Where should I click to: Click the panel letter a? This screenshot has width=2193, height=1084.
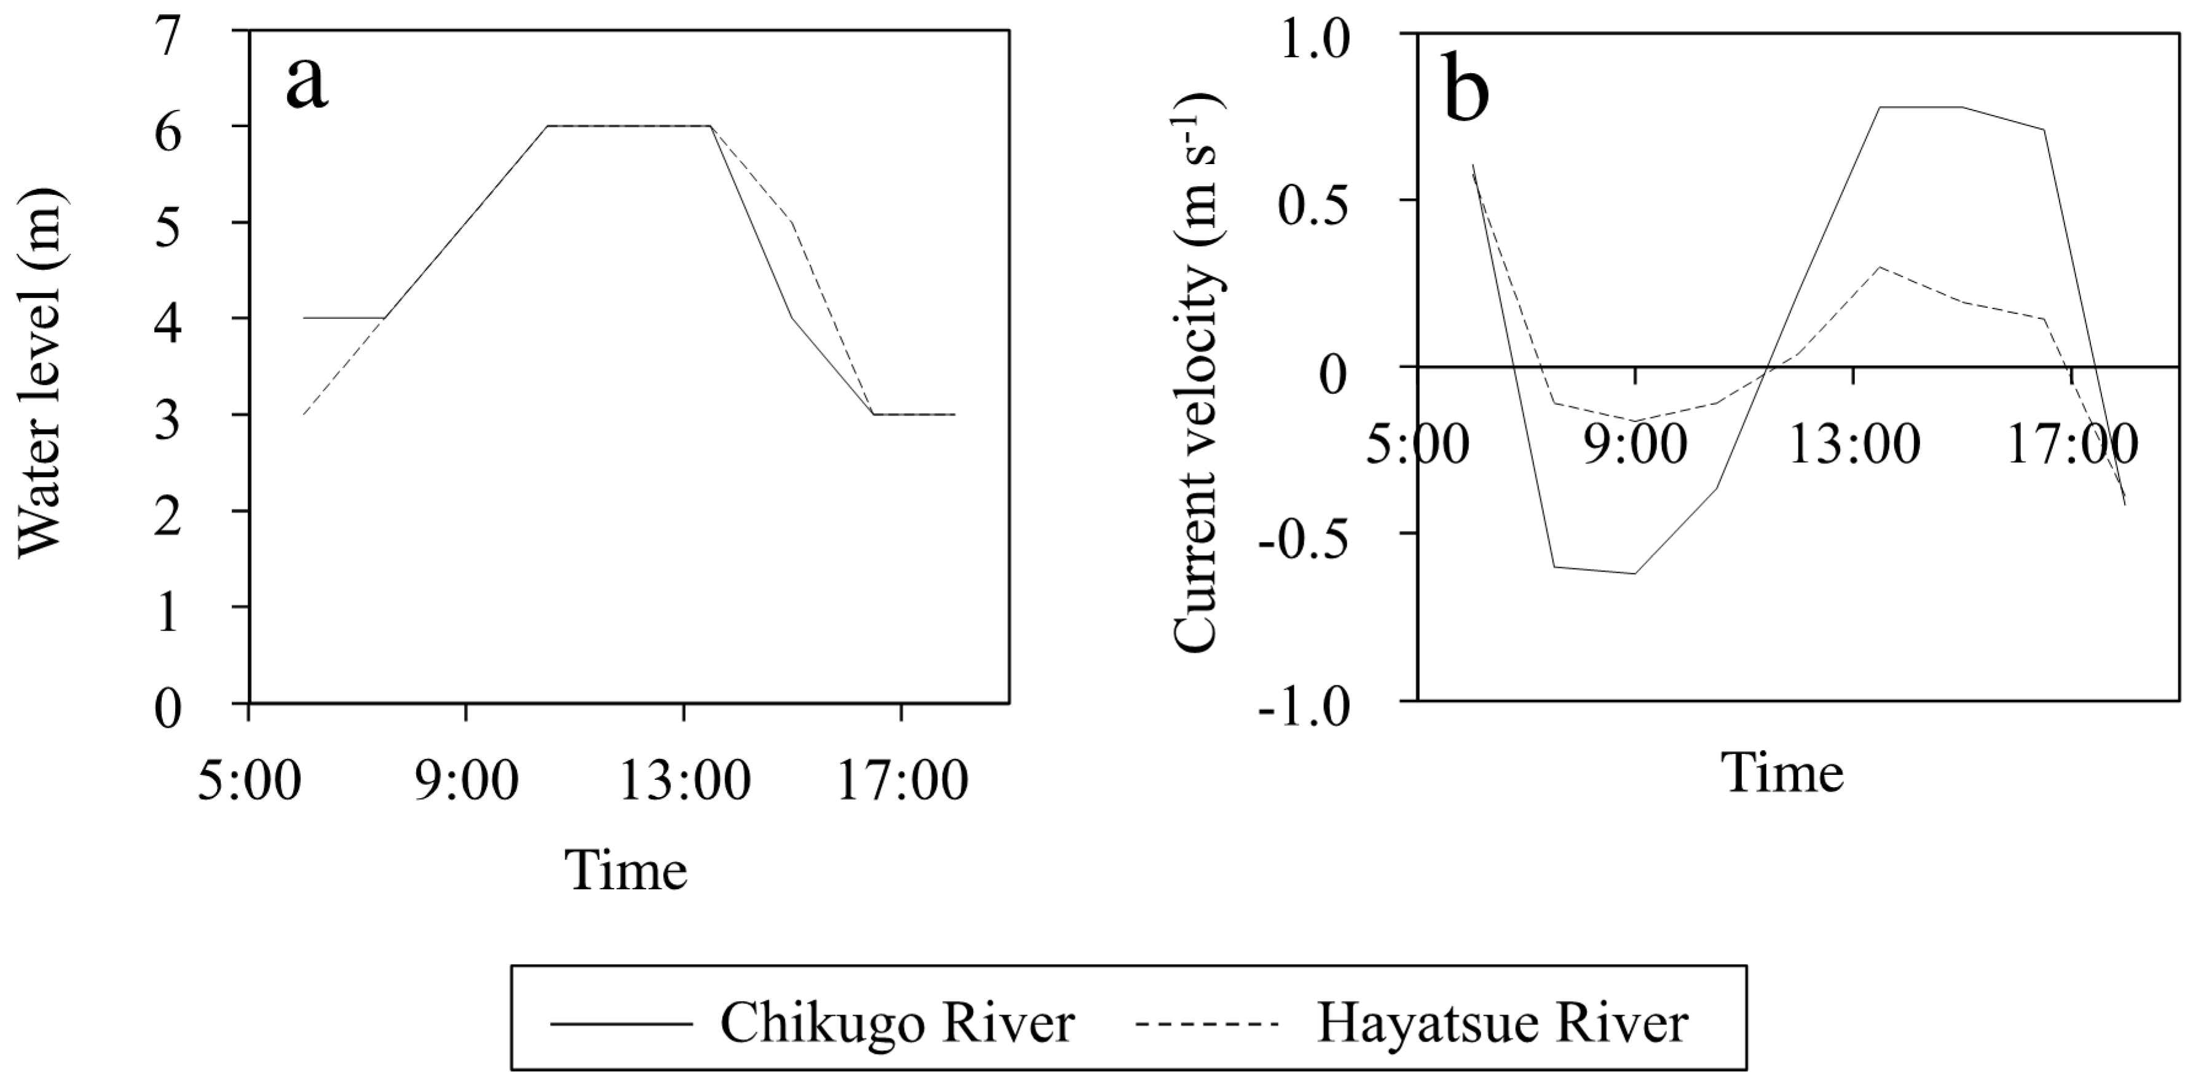pos(307,85)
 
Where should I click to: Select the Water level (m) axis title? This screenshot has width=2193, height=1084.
pos(40,372)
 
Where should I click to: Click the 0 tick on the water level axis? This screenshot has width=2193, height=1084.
pos(168,709)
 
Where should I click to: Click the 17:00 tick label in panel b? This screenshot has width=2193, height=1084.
pos(2071,444)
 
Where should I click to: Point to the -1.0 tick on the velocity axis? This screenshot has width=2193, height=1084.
pos(1309,709)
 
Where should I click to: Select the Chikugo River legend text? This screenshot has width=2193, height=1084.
pos(897,1022)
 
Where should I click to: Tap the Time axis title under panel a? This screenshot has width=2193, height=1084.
pos(626,870)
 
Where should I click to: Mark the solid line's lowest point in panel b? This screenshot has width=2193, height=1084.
pos(1634,573)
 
